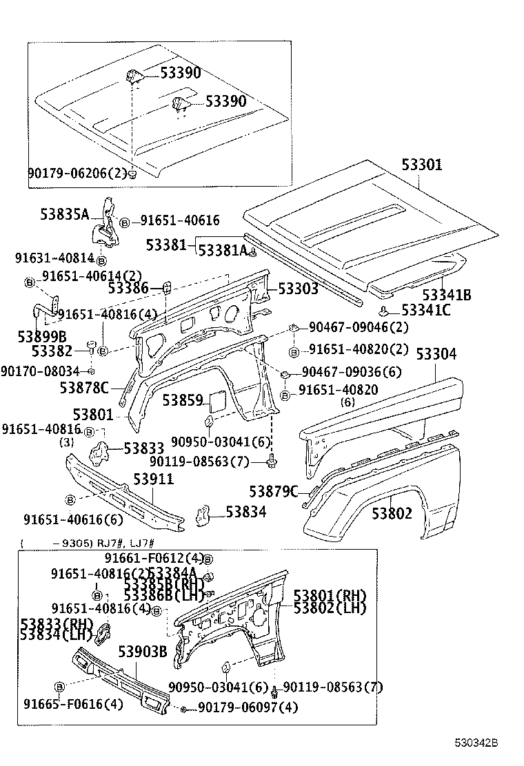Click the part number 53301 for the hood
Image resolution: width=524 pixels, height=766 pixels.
[x=422, y=165]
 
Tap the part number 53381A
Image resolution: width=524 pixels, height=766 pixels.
[x=222, y=251]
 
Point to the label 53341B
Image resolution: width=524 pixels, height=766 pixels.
[x=447, y=295]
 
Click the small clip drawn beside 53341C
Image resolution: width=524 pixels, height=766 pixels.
[x=388, y=310]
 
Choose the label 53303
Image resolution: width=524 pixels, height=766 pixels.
[x=299, y=289]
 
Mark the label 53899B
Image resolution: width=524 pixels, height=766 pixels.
[x=42, y=337]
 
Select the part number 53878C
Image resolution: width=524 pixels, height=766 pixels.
[x=84, y=388]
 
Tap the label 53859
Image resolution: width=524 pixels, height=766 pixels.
[x=182, y=400]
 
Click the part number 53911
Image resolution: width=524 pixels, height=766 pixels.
[x=153, y=479]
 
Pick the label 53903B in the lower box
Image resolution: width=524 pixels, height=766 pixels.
[x=142, y=651]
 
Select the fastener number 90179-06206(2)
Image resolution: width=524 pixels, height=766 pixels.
[x=77, y=173]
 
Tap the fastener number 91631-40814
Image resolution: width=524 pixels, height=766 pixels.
[x=54, y=258]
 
